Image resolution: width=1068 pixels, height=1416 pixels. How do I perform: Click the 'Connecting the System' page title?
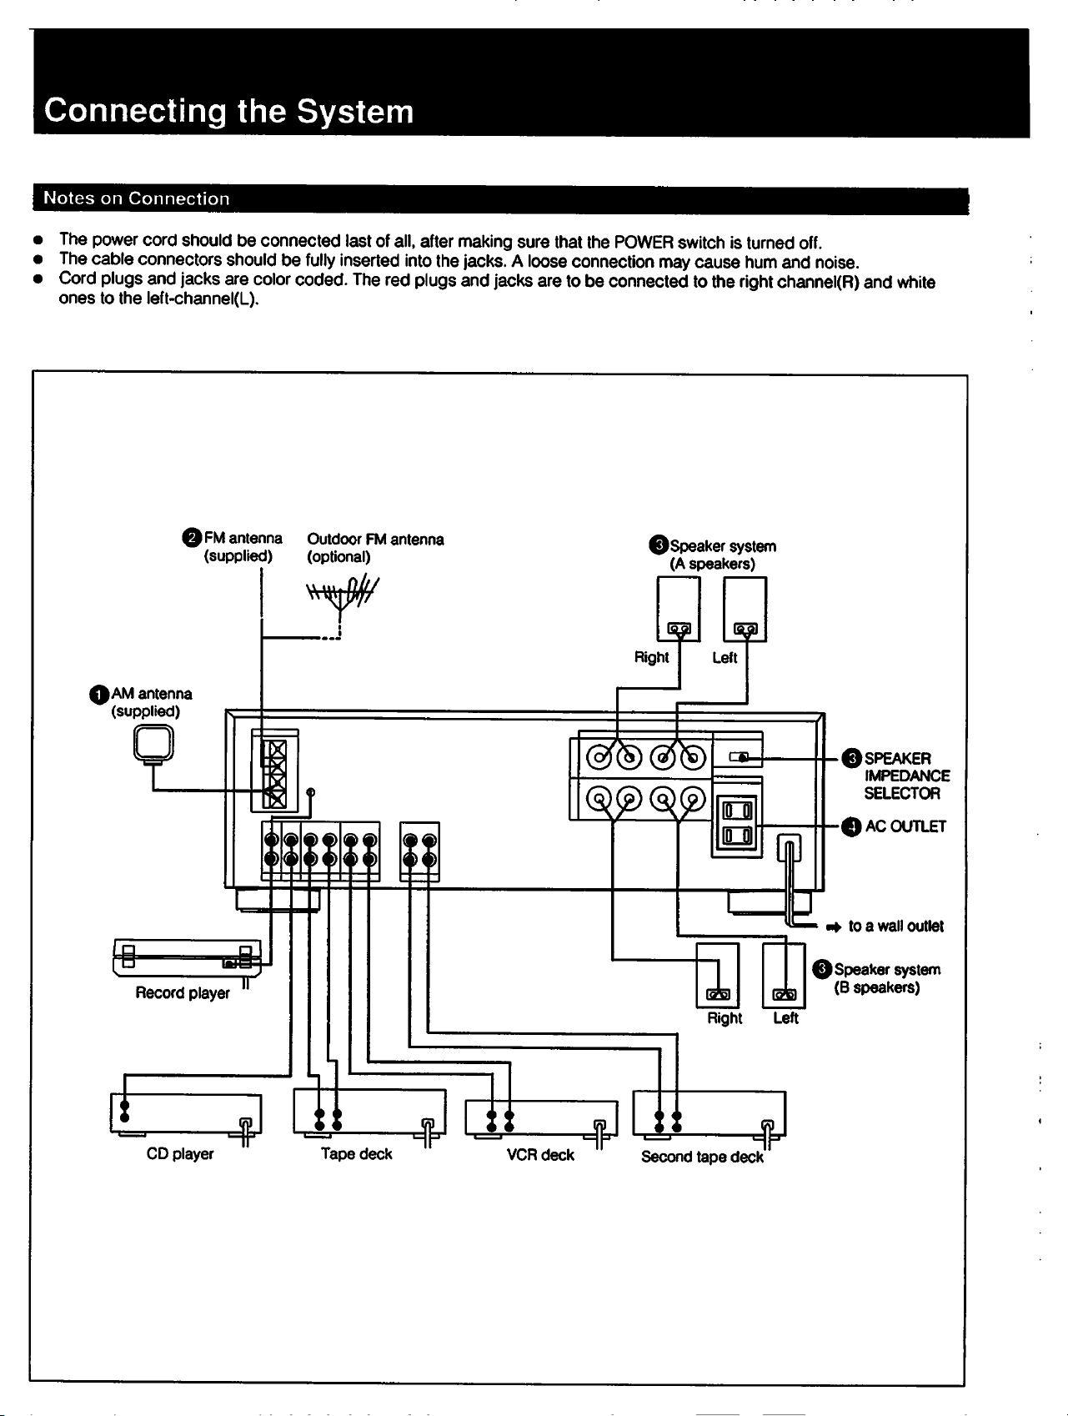(x=229, y=111)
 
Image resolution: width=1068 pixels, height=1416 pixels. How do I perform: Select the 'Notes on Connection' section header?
(x=136, y=198)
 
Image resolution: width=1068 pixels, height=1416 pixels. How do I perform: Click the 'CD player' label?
(x=180, y=1154)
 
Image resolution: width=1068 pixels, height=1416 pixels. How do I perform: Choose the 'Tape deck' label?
(x=356, y=1154)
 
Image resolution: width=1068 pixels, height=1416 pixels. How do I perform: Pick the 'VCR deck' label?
(x=540, y=1155)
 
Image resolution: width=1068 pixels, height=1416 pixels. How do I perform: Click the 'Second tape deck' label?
(x=702, y=1157)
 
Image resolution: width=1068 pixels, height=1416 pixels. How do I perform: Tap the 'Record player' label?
(x=183, y=993)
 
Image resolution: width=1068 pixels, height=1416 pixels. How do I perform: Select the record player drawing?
(x=188, y=957)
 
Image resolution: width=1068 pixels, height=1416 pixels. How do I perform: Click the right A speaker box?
(x=679, y=610)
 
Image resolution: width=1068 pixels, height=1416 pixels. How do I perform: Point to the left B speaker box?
(x=784, y=976)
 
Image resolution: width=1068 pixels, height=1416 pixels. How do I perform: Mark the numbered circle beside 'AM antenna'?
(x=99, y=695)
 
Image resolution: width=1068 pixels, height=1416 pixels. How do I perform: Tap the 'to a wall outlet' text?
(x=895, y=926)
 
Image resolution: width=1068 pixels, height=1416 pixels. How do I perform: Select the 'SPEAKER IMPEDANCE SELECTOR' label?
(x=907, y=776)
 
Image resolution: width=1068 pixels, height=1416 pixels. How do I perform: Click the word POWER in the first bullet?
(x=644, y=243)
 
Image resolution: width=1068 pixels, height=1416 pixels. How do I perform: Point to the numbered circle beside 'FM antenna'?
(x=191, y=538)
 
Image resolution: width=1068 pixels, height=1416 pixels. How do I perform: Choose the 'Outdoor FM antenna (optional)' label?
(x=375, y=548)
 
